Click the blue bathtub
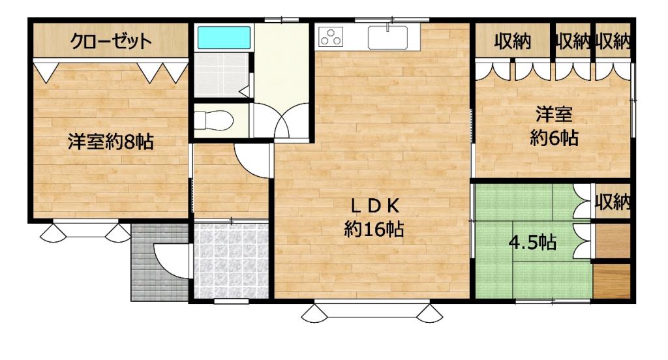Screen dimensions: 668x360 [224, 38]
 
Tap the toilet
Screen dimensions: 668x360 [214, 120]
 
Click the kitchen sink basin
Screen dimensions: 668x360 [387, 37]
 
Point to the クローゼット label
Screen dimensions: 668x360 [110, 41]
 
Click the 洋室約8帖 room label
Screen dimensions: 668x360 [111, 142]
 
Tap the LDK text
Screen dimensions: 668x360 [375, 206]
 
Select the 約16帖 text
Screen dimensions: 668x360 [374, 230]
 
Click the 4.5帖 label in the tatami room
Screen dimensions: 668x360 [532, 243]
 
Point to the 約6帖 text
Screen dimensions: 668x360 [554, 138]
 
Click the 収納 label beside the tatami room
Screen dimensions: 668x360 [613, 202]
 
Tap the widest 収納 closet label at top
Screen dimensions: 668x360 [513, 42]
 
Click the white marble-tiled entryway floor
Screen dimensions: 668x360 [231, 261]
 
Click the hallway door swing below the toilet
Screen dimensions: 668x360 [252, 161]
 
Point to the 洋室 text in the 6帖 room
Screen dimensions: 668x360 [554, 114]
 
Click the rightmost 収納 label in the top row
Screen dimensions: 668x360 [613, 42]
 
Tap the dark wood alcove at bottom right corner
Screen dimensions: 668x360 [612, 281]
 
